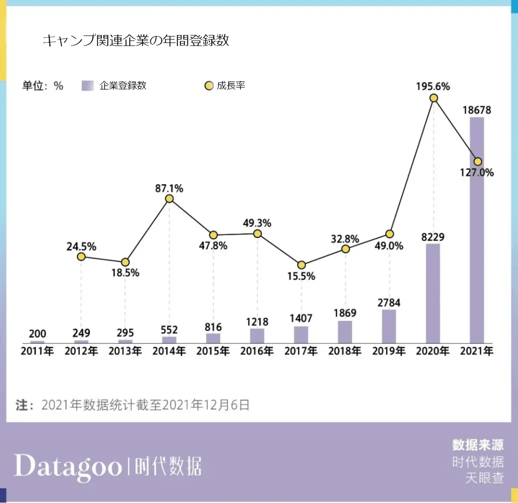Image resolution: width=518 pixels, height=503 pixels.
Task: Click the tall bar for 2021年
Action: [x=477, y=230]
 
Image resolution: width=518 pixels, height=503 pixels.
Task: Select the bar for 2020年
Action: [x=433, y=293]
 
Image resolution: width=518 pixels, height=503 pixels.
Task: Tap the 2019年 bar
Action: [x=389, y=326]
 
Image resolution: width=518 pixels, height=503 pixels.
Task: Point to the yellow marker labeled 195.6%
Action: [x=434, y=98]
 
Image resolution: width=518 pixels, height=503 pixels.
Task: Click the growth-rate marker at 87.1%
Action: [x=169, y=198]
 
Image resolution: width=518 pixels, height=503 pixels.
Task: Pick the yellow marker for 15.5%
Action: [x=301, y=265]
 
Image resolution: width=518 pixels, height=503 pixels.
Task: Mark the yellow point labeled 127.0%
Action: [x=478, y=161]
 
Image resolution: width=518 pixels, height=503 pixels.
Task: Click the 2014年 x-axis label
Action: [x=169, y=351]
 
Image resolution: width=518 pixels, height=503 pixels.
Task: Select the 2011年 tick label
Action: [x=37, y=351]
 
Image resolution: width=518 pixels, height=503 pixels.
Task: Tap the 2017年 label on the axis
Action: [x=301, y=351]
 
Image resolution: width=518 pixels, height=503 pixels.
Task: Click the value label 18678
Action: [x=477, y=110]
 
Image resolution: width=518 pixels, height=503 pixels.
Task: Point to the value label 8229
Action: [x=433, y=236]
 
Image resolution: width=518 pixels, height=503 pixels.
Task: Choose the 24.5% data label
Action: [x=81, y=246]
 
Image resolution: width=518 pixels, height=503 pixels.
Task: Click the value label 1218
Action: [x=257, y=321]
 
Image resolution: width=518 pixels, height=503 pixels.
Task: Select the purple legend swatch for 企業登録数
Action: [x=88, y=85]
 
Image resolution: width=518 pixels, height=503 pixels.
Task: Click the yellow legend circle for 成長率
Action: [x=209, y=86]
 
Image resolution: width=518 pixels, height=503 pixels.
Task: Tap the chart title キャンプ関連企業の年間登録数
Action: [x=136, y=40]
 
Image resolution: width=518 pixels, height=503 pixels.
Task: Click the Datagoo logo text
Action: [x=68, y=466]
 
